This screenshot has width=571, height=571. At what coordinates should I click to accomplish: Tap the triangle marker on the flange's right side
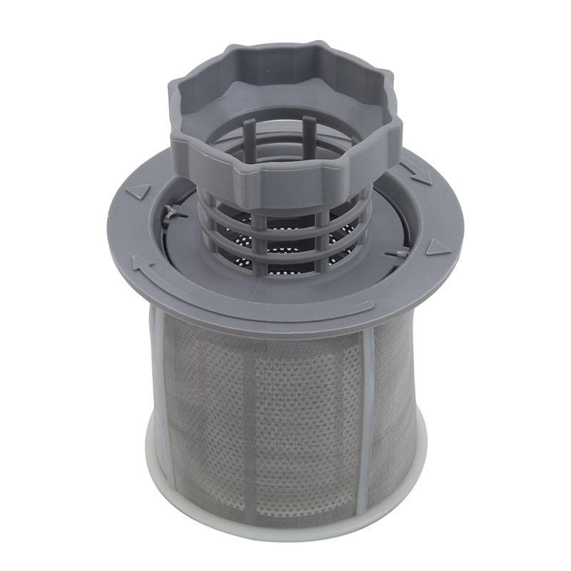point(438,248)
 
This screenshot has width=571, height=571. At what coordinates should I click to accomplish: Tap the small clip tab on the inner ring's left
point(173,212)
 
